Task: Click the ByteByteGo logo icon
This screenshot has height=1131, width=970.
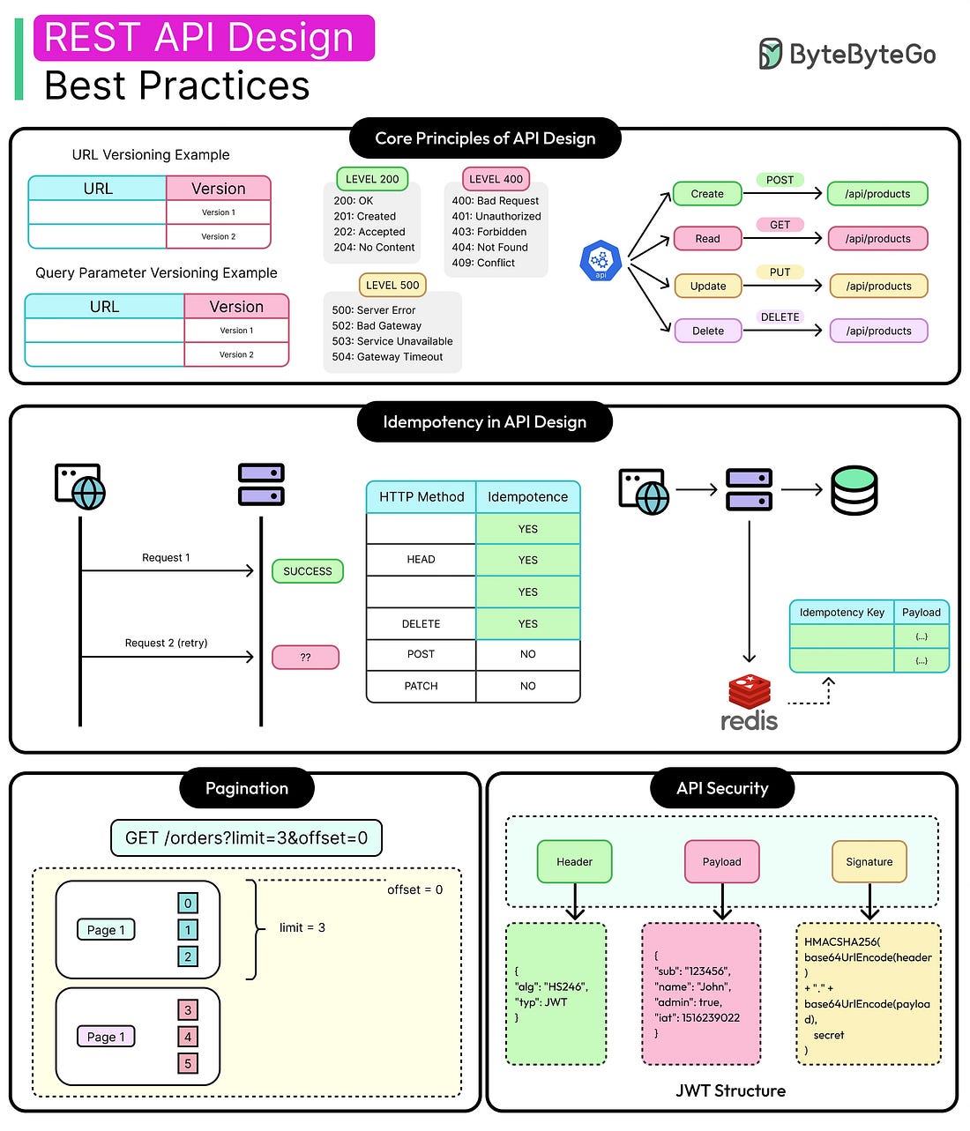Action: [x=770, y=54]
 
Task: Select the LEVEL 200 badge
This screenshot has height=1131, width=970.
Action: [x=372, y=179]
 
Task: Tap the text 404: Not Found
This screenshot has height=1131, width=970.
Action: [x=489, y=248]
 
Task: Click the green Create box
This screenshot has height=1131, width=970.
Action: [x=707, y=194]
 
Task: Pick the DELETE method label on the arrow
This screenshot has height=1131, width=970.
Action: [x=780, y=317]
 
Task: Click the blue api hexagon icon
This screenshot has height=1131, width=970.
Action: [x=601, y=262]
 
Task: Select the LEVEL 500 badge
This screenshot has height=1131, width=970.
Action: [x=392, y=285]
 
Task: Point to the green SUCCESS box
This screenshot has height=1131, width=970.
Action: [x=308, y=571]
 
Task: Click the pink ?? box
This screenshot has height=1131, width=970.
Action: [x=305, y=658]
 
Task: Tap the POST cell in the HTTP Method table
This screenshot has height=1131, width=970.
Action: [x=421, y=654]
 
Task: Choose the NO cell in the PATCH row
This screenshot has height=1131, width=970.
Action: [x=527, y=686]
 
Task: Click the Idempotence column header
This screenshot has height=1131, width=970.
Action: [x=527, y=497]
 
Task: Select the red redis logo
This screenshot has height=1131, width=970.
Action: [x=750, y=703]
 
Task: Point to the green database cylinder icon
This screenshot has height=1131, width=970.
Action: [x=854, y=490]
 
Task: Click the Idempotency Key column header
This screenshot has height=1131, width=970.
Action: [x=841, y=613]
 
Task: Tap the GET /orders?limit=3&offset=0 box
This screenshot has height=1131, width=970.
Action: [x=246, y=838]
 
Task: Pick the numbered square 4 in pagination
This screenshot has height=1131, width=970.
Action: [x=188, y=1037]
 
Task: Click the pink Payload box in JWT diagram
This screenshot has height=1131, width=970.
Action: [x=721, y=862]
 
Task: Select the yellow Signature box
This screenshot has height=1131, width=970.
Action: [x=869, y=862]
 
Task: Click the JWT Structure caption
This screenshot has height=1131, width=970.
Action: [x=730, y=1091]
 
